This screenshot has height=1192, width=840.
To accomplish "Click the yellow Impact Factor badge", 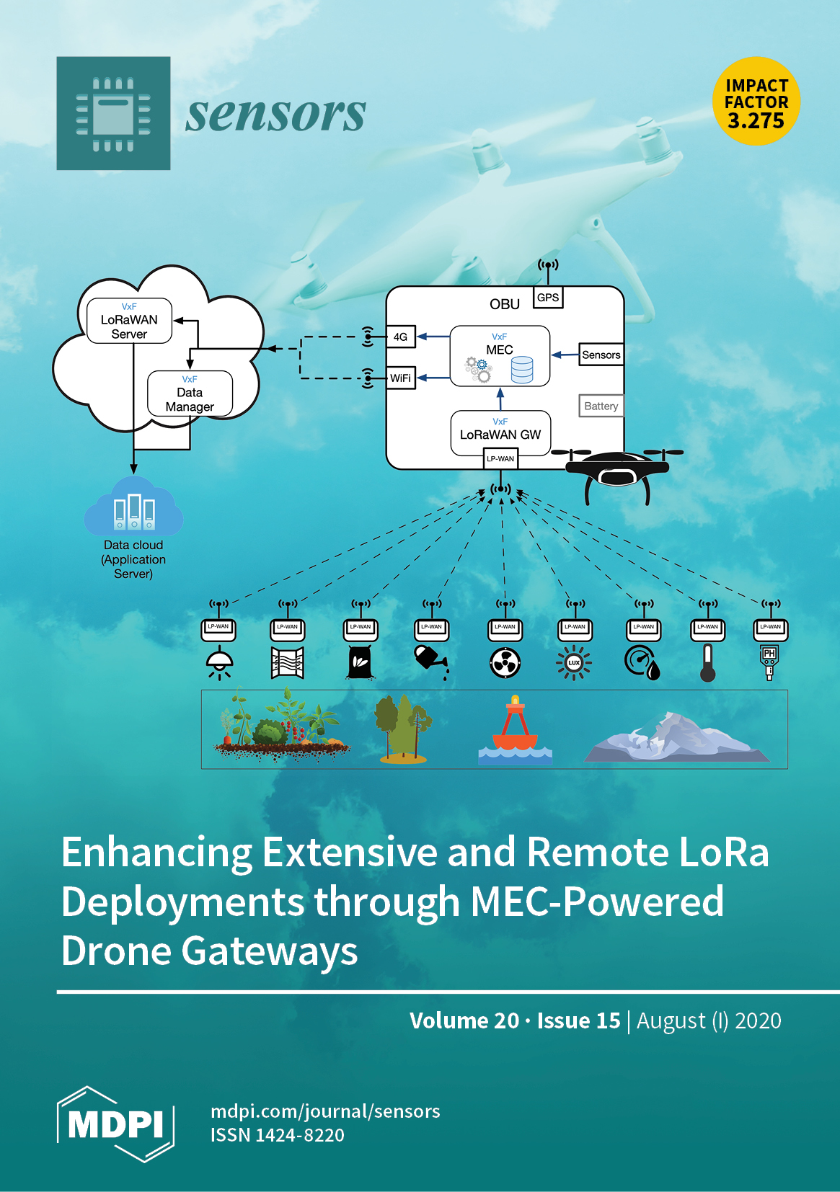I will [x=756, y=102].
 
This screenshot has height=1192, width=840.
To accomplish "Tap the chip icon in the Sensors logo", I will [x=113, y=113].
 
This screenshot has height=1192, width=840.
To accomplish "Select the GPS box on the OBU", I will [x=548, y=297].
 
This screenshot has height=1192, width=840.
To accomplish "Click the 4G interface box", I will [x=400, y=337].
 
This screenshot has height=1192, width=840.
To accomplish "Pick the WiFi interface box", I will [x=400, y=378].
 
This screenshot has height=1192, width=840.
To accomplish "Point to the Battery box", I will [x=601, y=406].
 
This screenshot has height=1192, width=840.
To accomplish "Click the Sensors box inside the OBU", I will [x=601, y=355].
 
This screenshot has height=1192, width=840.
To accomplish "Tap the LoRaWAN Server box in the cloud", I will [x=129, y=321].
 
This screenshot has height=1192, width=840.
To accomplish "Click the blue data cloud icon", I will [x=133, y=507].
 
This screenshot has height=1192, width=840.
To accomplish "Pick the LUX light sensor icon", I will [x=574, y=662].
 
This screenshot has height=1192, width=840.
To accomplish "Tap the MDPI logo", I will [x=115, y=1124].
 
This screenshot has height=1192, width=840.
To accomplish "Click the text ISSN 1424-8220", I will [x=278, y=1135].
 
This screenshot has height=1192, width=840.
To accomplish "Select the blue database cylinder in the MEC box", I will [x=522, y=369].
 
